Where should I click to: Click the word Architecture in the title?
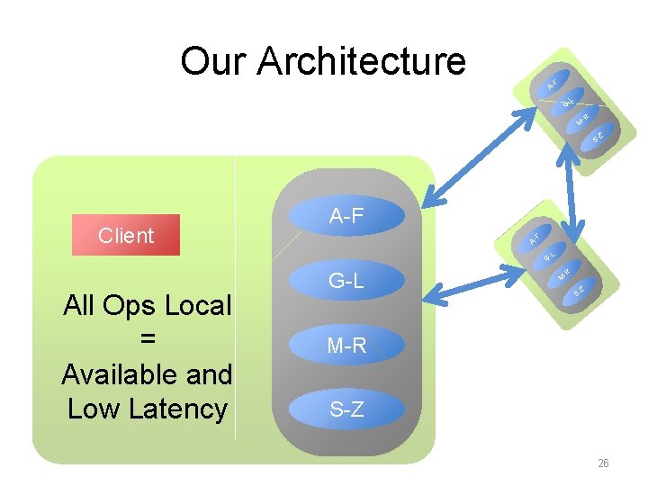[361, 61]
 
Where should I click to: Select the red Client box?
[126, 235]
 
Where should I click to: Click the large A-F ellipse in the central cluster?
[346, 217]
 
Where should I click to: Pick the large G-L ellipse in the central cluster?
[346, 281]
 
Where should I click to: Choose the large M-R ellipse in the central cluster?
[346, 345]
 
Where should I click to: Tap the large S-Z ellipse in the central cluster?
[346, 409]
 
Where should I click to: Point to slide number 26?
[603, 463]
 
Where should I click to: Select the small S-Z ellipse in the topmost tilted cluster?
[598, 137]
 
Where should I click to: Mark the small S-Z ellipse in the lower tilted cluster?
[580, 291]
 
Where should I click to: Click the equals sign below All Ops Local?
[148, 339]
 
